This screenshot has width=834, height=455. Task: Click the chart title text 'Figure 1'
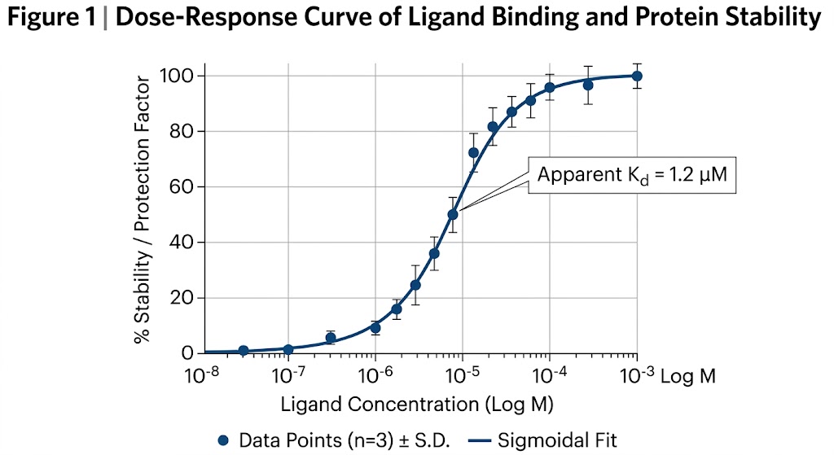50,18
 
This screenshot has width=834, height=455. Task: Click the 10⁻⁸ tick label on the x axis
204,374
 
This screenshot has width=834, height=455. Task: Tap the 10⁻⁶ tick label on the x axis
375,374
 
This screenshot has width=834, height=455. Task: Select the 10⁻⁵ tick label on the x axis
462,374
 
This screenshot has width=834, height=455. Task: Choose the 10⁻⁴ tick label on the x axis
549,374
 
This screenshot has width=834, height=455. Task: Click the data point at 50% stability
453,215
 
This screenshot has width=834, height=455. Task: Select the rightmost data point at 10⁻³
637,76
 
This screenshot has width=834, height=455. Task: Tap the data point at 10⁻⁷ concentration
288,349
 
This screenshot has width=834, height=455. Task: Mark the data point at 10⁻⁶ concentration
375,328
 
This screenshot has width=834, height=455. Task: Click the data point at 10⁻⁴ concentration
550,87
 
